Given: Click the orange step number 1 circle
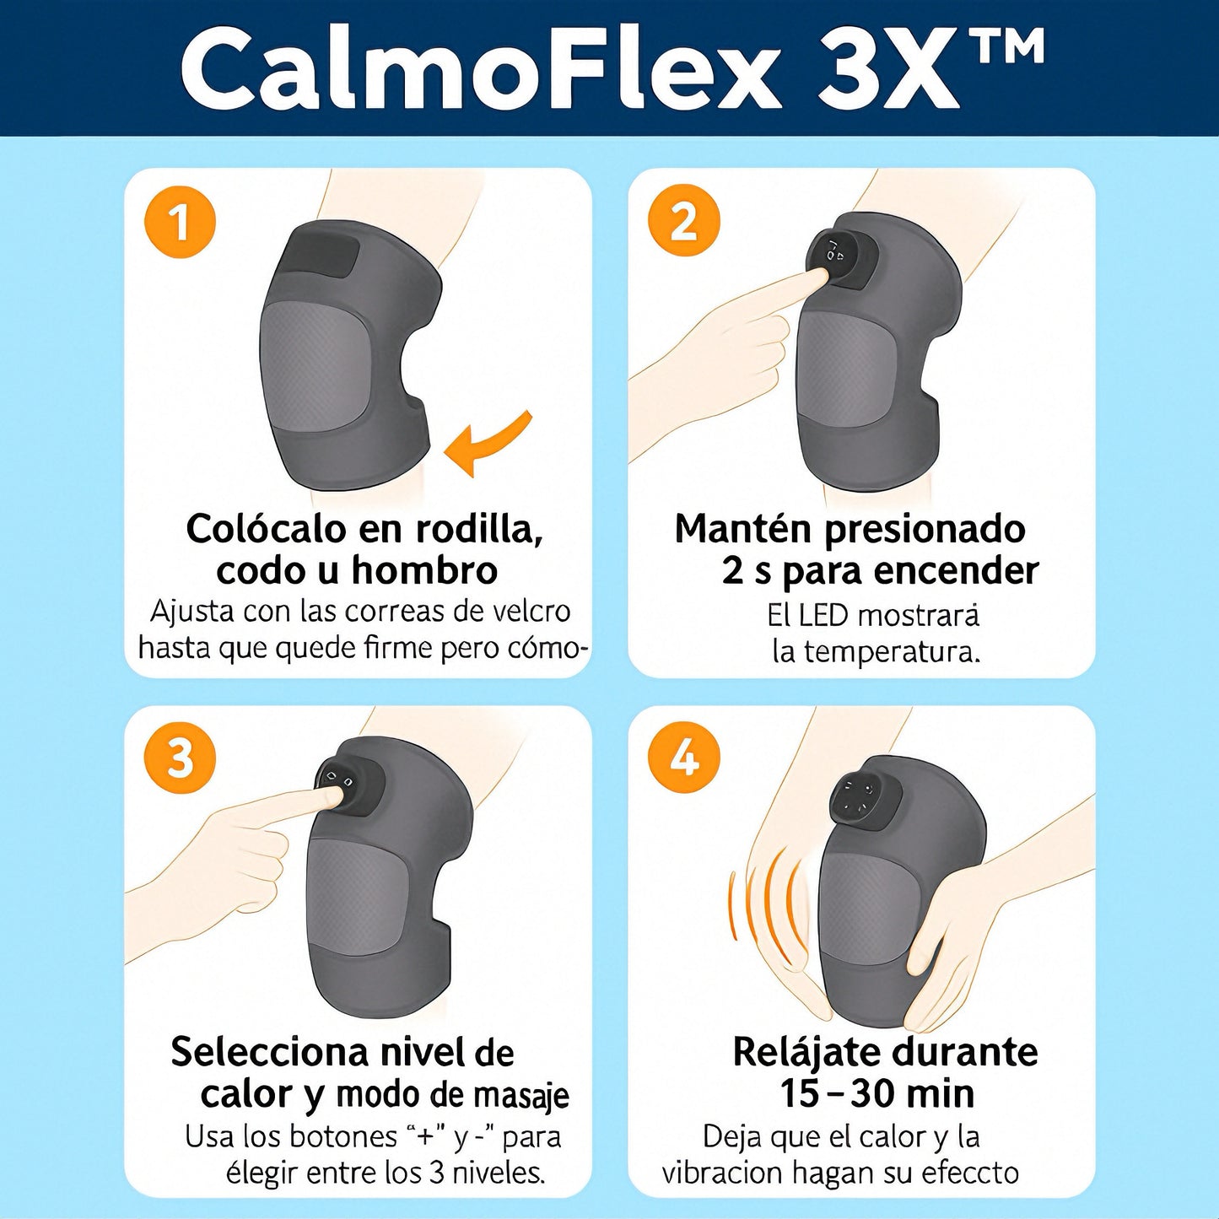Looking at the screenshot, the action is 181,222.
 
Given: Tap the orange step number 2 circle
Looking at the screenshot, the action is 684,222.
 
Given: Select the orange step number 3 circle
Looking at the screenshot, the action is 181,759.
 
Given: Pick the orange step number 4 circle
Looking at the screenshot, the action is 684,759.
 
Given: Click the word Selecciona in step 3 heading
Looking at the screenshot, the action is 270,1052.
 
